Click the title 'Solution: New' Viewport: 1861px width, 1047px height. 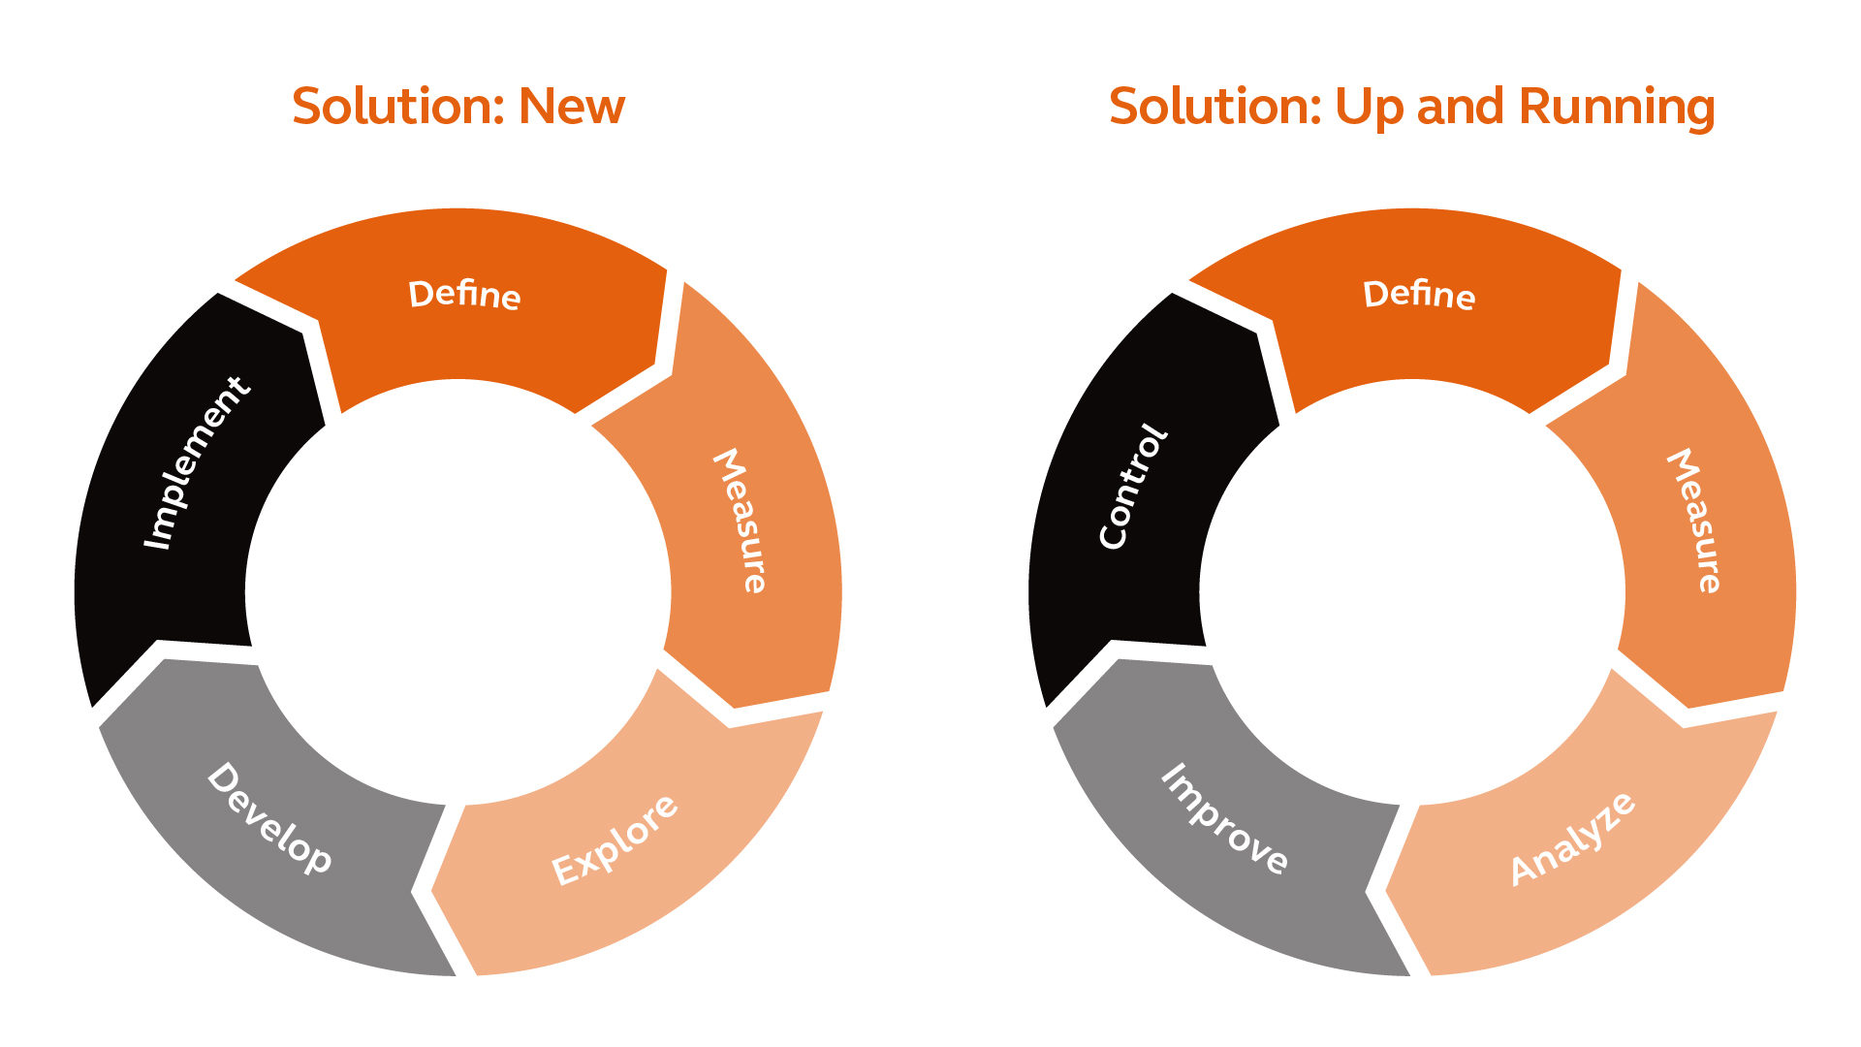point(458,106)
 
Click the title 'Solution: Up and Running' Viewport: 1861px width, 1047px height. point(1412,108)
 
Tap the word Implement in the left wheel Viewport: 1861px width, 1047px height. point(197,462)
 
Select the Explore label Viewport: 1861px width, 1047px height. point(615,840)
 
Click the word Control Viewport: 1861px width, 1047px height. point(1133,486)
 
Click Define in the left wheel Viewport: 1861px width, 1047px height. point(464,294)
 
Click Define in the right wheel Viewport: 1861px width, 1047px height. point(1419,294)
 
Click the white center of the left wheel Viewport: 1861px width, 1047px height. point(458,592)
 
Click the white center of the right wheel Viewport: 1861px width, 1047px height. point(1412,592)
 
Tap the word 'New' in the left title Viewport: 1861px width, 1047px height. point(572,106)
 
